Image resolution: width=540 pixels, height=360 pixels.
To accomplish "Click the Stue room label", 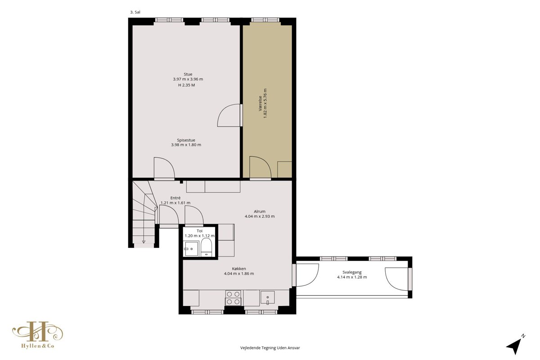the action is pyautogui.click(x=188, y=74).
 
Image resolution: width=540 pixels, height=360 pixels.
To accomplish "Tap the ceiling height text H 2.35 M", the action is pyautogui.click(x=186, y=85).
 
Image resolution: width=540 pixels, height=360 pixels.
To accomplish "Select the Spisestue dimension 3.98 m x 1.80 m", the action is pyautogui.click(x=186, y=145).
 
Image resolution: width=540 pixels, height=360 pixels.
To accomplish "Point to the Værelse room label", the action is pyautogui.click(x=261, y=103).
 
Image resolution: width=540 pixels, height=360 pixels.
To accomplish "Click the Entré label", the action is pyautogui.click(x=175, y=198).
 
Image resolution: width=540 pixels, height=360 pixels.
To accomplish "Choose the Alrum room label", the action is pyautogui.click(x=259, y=211).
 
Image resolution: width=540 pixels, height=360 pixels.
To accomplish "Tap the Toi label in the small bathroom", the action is pyautogui.click(x=199, y=231).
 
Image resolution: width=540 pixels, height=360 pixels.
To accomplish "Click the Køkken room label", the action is pyautogui.click(x=239, y=269).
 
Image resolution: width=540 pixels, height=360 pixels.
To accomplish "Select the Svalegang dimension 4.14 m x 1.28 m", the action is pyautogui.click(x=352, y=277).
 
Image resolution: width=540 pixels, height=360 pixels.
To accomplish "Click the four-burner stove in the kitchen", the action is pyautogui.click(x=233, y=298).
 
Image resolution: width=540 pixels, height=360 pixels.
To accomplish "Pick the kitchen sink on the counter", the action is pyautogui.click(x=267, y=298).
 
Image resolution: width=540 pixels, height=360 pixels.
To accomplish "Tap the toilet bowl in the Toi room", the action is pyautogui.click(x=206, y=247).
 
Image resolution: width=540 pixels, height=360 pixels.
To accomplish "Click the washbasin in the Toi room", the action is pyautogui.click(x=191, y=249).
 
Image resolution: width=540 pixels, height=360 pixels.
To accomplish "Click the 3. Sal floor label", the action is pyautogui.click(x=135, y=12).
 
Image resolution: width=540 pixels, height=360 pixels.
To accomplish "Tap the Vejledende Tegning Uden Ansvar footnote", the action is pyautogui.click(x=270, y=348).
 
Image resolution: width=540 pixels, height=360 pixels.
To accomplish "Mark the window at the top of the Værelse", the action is pyautogui.click(x=265, y=20).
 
